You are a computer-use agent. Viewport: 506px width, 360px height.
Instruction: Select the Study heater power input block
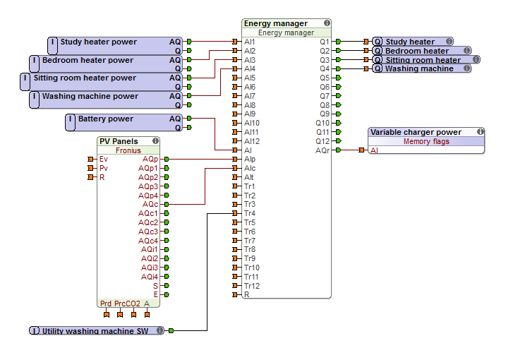click(98, 42)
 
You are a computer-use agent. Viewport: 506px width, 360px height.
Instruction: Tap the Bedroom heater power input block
click(88, 61)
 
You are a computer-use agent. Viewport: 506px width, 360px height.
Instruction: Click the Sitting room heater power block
click(85, 78)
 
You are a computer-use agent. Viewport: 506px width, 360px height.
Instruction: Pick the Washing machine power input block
click(90, 97)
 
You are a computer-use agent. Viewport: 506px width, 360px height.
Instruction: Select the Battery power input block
click(105, 119)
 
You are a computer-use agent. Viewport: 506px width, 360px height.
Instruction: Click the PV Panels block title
click(119, 141)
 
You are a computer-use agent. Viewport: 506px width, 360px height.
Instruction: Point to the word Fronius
click(128, 150)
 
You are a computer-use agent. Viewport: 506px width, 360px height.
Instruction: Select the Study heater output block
click(410, 42)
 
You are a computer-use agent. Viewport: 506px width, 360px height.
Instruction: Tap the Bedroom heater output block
click(416, 51)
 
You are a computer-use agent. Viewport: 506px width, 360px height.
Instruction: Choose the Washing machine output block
click(418, 69)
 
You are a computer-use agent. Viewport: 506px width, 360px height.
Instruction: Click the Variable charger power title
click(416, 132)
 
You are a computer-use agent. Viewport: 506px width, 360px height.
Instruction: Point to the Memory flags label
click(426, 141)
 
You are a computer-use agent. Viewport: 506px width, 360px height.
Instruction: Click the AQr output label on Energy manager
click(323, 150)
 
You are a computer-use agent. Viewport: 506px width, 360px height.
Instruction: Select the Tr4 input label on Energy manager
click(250, 213)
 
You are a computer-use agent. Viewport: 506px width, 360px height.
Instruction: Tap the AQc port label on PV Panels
click(150, 204)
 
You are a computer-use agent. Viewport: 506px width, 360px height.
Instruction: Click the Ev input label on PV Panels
click(104, 160)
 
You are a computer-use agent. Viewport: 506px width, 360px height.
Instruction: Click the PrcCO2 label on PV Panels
click(127, 304)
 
